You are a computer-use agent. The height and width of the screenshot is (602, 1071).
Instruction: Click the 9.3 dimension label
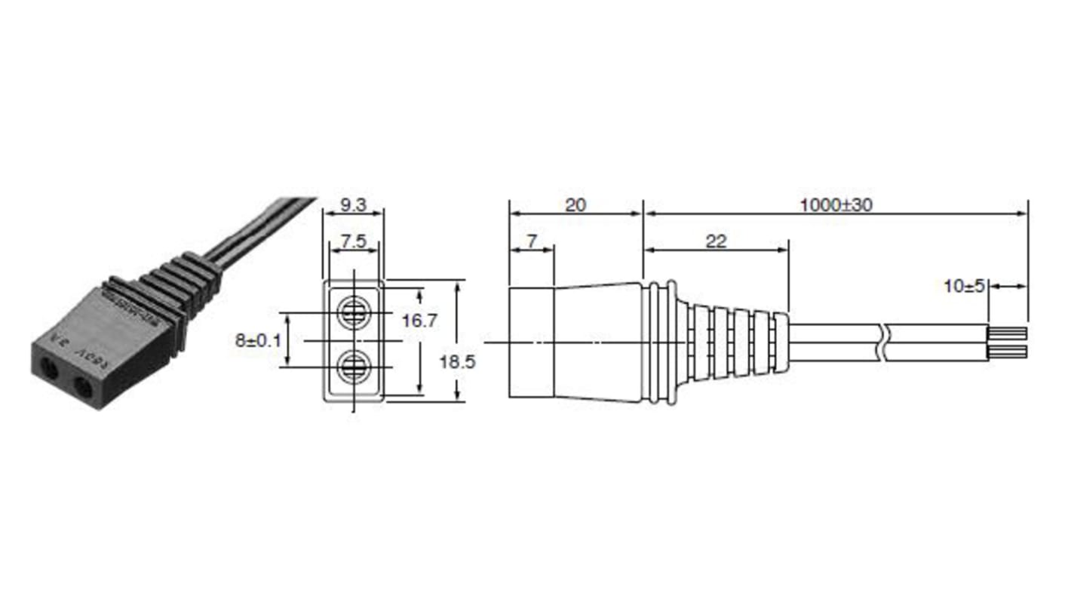point(353,204)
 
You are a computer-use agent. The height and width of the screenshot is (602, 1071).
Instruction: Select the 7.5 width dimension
point(354,242)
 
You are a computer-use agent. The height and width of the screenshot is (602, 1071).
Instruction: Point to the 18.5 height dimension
point(458,361)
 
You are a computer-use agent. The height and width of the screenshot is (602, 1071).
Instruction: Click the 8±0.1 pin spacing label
point(258,340)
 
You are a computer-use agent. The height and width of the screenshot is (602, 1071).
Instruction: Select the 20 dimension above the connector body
point(575,204)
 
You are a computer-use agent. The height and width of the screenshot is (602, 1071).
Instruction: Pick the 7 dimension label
point(532,241)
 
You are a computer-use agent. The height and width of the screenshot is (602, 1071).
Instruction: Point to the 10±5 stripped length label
point(965,287)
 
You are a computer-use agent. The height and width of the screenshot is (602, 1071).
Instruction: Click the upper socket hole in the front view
point(353,311)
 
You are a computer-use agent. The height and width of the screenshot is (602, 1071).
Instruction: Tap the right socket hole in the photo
point(81,389)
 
